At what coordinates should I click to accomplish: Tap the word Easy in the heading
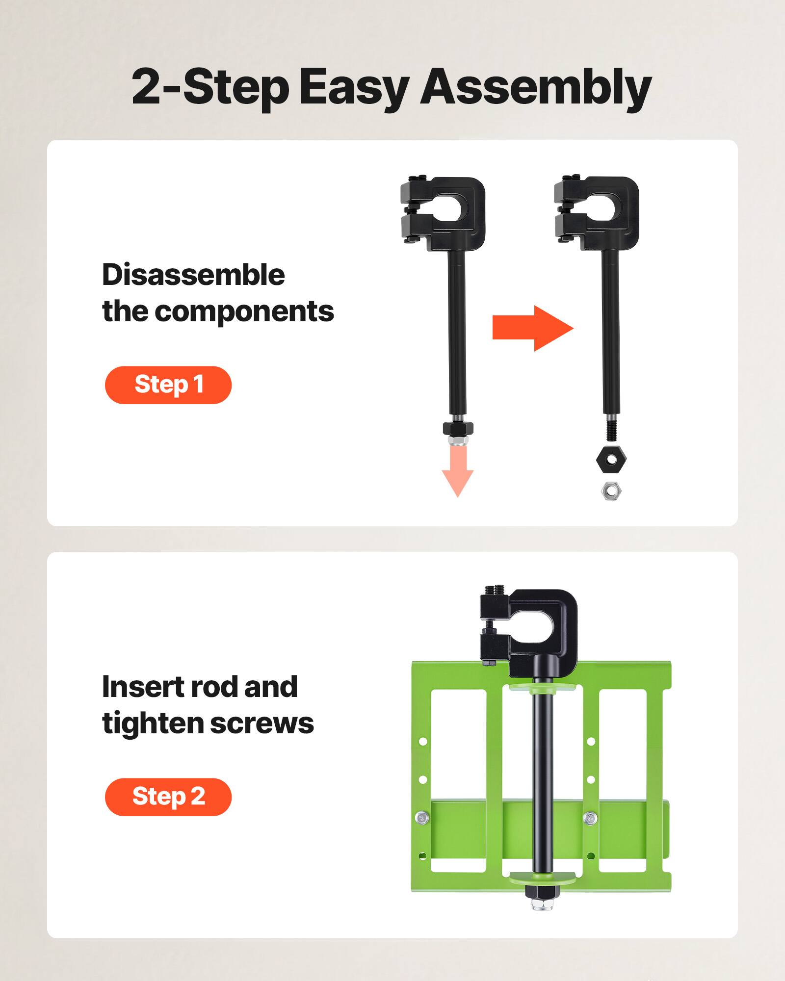click(353, 88)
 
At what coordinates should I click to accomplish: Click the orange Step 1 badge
click(168, 385)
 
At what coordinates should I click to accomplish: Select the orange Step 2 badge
click(168, 797)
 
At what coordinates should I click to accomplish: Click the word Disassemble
click(193, 275)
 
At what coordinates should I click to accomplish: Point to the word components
click(244, 311)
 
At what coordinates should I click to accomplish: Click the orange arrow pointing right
click(532, 328)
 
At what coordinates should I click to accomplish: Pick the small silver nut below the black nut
click(611, 490)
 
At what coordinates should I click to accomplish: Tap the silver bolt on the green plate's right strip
click(590, 817)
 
